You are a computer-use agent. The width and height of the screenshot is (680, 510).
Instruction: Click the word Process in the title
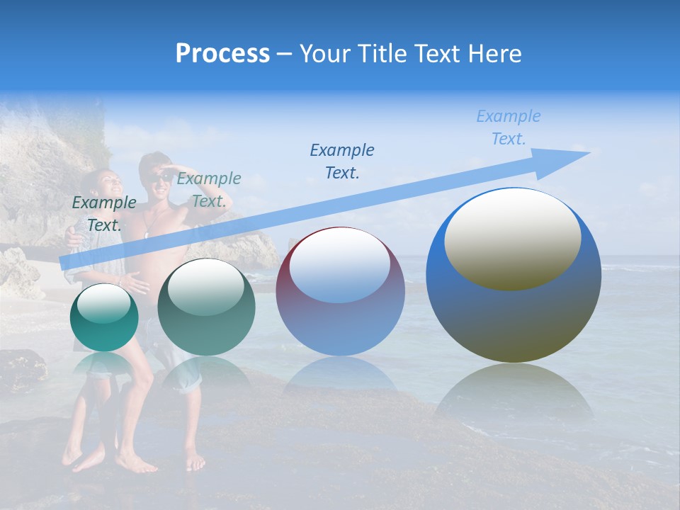coord(222,53)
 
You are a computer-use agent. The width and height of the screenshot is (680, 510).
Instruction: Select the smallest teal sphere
coord(104,317)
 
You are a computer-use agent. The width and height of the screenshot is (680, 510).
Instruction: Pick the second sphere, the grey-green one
coord(206,307)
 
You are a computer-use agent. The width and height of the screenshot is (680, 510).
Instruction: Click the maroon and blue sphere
coord(340,291)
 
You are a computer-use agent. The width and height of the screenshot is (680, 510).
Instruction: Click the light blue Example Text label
coord(508,127)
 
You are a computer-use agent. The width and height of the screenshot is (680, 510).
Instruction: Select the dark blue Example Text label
coord(342,161)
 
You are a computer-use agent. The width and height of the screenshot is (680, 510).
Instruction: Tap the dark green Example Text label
coord(104,213)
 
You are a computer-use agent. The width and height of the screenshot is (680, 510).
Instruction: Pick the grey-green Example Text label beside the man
coord(209,189)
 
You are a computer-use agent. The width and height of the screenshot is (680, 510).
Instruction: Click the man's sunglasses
coord(161,177)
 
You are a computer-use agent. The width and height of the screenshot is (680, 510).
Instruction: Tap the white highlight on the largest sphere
coord(513,239)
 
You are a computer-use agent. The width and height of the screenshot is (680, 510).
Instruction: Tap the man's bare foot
coord(195,462)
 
